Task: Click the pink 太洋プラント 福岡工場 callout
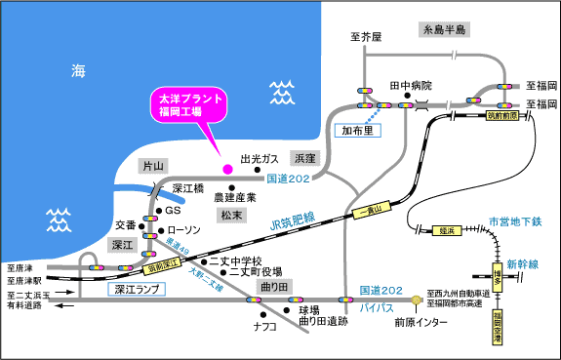tap(185, 105)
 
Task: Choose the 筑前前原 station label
tap(501, 115)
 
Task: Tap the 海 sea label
tap(79, 69)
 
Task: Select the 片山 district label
tap(152, 166)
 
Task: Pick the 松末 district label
tap(232, 214)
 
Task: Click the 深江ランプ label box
tap(133, 289)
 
